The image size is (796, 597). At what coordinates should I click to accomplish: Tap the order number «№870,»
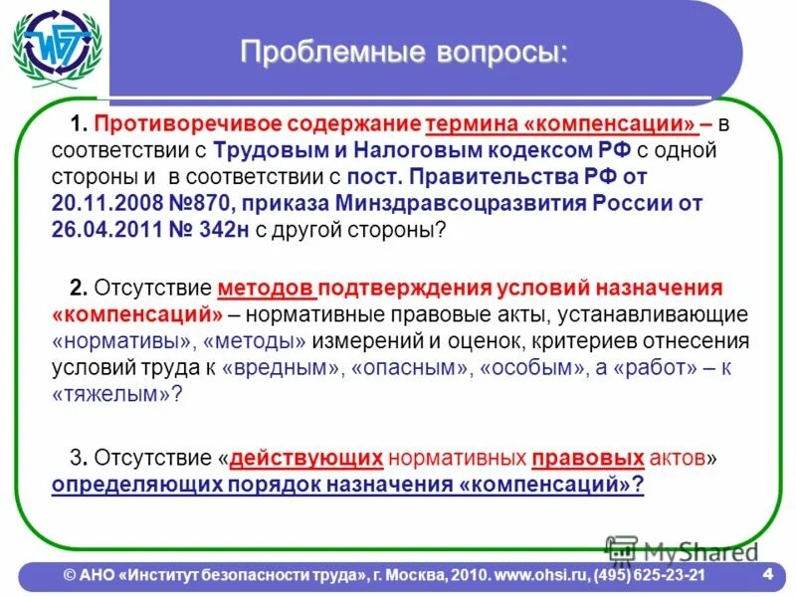[x=187, y=204]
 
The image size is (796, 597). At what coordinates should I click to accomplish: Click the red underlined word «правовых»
[x=588, y=459]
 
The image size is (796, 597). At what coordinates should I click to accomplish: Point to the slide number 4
[x=768, y=574]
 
